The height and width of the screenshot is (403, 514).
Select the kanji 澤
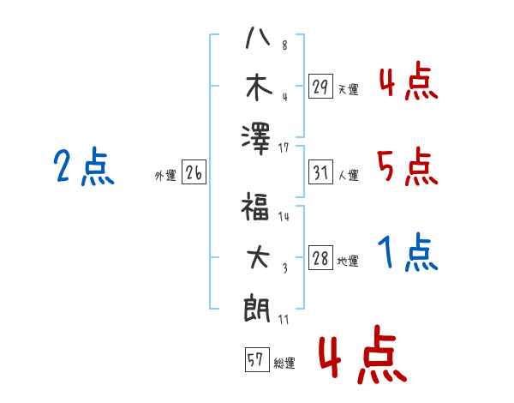(x=257, y=138)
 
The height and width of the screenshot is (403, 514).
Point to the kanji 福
(x=257, y=208)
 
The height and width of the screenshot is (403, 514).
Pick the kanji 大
(x=257, y=258)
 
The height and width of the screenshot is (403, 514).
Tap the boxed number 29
(x=320, y=87)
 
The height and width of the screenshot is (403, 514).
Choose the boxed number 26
(x=194, y=174)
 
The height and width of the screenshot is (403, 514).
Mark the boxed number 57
(x=255, y=361)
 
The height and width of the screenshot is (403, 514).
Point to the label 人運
(x=348, y=176)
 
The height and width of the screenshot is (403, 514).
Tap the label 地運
(x=348, y=262)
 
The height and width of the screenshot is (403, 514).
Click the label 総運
(x=284, y=364)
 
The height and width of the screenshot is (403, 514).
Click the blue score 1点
(x=408, y=253)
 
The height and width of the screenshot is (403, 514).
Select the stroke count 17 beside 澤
(x=284, y=148)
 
